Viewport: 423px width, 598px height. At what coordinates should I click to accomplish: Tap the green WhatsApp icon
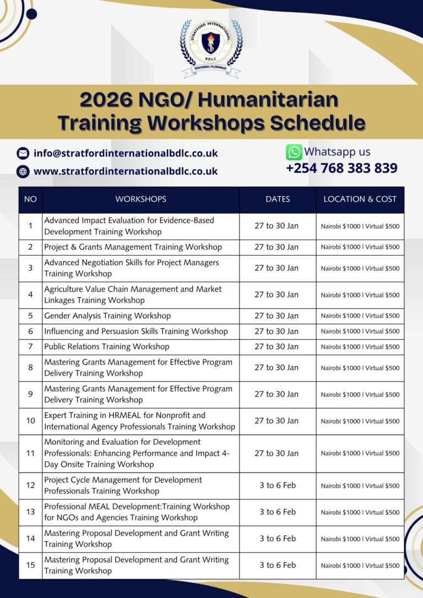coord(294,152)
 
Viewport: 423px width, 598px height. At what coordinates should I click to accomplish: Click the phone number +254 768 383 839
coord(341,168)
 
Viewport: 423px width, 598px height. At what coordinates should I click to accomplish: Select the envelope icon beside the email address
coord(23,154)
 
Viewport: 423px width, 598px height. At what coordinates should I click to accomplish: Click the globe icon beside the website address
coord(23,171)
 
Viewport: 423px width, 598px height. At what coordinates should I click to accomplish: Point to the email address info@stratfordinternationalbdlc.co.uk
coord(126,154)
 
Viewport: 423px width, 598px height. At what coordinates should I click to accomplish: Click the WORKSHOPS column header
coord(140,199)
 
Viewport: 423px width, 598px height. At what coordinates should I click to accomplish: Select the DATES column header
coord(278,199)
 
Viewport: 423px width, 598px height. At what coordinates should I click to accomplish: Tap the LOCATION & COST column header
coord(360,199)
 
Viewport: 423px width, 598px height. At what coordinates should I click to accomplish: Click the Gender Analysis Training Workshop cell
coord(107,316)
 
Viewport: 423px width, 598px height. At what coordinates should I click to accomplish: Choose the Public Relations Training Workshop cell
coord(107,347)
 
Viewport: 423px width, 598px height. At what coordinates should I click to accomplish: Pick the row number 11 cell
coord(30,453)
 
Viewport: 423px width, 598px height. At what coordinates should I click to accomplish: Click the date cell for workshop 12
coord(278,486)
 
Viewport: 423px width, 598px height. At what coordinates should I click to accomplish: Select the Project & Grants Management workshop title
coord(133,247)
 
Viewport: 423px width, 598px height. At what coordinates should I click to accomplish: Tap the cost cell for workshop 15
coord(360,566)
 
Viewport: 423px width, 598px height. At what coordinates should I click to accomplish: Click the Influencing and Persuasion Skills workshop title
coord(135,331)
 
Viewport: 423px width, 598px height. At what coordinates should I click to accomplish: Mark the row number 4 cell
coord(30,295)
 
